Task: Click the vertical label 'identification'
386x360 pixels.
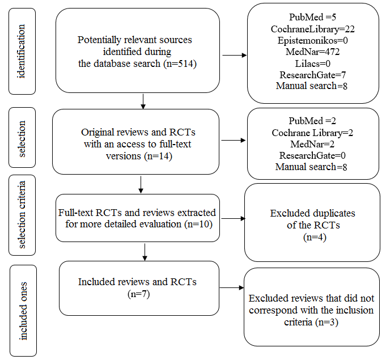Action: point(22,51)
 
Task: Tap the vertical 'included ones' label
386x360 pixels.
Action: point(23,311)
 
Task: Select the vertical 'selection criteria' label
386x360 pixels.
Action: point(22,215)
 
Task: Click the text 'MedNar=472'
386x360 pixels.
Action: point(313,52)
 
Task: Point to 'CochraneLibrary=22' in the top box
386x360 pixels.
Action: point(313,29)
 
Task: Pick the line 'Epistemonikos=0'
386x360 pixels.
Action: point(313,40)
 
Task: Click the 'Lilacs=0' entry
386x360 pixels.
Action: point(313,63)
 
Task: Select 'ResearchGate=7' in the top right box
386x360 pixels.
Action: point(313,75)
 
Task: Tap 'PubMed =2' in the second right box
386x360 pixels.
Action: point(312,121)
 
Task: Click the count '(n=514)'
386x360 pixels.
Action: point(180,63)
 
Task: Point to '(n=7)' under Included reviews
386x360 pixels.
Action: point(139,294)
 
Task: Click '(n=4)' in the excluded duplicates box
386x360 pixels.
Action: point(315,237)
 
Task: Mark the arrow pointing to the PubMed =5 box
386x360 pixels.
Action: point(234,55)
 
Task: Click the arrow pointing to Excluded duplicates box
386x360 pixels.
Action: point(233,218)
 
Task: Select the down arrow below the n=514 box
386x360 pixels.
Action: point(143,101)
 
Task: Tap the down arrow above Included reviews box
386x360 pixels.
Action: point(145,252)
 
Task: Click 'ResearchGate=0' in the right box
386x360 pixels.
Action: point(312,155)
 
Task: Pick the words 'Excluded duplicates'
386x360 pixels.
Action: point(313,213)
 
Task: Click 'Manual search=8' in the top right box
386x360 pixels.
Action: point(312,86)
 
